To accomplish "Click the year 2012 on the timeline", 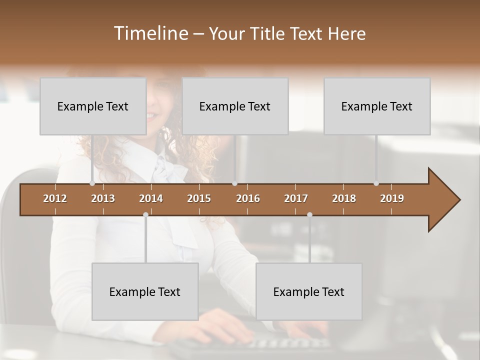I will (55, 198).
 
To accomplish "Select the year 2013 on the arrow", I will (103, 198).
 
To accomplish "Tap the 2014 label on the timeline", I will (151, 198).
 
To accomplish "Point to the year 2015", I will (199, 198).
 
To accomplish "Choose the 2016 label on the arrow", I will (248, 198).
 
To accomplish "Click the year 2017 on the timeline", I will (296, 198).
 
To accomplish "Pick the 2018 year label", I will (344, 198).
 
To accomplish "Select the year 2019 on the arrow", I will (392, 198).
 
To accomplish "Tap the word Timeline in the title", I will (150, 33).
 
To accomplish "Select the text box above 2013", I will (93, 106).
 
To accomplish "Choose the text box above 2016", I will (235, 106).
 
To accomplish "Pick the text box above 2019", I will (377, 106).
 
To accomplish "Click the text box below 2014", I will (145, 291).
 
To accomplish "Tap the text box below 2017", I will (309, 291).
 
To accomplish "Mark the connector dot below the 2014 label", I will (145, 215).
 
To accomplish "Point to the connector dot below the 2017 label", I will (309, 215).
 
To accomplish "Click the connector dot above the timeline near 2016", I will (235, 183).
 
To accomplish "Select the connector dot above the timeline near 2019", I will (376, 183).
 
